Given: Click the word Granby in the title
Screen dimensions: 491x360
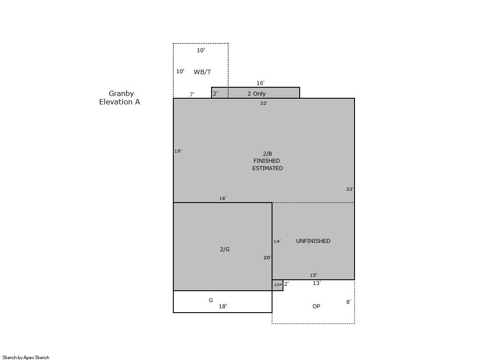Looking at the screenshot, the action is (x=121, y=93).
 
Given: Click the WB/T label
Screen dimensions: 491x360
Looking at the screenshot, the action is (x=202, y=72).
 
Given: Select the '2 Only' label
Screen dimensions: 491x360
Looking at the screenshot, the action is (x=256, y=93).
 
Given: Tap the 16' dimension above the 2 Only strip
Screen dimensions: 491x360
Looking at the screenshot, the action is (x=261, y=83).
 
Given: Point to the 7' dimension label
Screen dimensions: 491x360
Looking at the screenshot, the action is (x=192, y=94).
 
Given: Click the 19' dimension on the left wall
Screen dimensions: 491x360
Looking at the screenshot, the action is (x=178, y=151).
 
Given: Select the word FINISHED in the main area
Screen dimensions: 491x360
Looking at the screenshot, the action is (x=267, y=160).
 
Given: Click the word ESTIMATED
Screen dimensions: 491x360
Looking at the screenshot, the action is (x=267, y=168).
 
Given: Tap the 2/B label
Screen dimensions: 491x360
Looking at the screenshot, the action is (x=267, y=154).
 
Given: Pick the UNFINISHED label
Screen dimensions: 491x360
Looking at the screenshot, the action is (x=313, y=241).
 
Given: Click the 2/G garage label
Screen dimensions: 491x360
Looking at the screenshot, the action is (x=225, y=250).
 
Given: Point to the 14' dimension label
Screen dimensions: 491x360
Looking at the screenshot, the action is (x=277, y=241).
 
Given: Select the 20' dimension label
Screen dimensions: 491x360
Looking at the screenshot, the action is (x=267, y=258).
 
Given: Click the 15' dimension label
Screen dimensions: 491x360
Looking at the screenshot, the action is (x=313, y=275).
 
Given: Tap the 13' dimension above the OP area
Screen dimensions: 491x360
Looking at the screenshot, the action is (x=316, y=283).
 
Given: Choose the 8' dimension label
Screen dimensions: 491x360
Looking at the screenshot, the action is (x=348, y=302).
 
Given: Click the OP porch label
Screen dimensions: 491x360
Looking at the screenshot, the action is (x=316, y=307).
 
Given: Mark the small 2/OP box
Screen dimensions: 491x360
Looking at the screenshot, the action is (x=278, y=285).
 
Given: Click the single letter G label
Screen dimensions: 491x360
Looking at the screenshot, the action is (x=211, y=300).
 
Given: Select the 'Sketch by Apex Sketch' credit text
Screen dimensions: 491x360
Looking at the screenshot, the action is (x=26, y=357).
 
